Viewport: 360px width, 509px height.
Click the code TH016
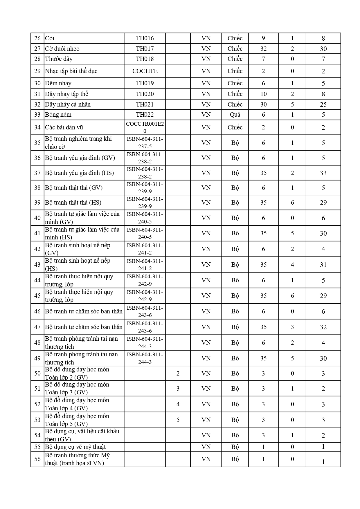click(145, 38)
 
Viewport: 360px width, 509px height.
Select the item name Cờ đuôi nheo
click(62, 49)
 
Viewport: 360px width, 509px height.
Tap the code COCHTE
click(145, 71)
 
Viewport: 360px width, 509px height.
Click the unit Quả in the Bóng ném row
click(235, 115)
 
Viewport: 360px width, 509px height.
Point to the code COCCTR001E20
click(145, 127)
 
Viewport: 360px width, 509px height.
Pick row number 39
click(37, 203)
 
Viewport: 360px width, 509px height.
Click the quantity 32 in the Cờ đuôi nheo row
click(263, 49)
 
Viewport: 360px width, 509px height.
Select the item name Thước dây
click(59, 59)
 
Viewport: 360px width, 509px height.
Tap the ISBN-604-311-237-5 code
click(145, 143)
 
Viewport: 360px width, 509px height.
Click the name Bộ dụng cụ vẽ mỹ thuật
click(75, 447)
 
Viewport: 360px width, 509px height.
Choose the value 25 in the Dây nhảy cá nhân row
click(323, 104)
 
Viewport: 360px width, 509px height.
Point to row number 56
click(37, 459)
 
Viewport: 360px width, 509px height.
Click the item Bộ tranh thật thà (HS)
click(73, 203)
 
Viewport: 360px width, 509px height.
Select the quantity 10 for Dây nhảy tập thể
click(263, 94)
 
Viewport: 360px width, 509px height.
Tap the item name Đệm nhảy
click(58, 83)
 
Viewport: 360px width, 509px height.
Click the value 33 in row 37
click(323, 173)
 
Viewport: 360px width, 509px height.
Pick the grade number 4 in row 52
click(178, 404)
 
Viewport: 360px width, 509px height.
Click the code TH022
click(145, 115)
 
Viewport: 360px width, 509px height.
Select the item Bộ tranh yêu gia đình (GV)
click(80, 158)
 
